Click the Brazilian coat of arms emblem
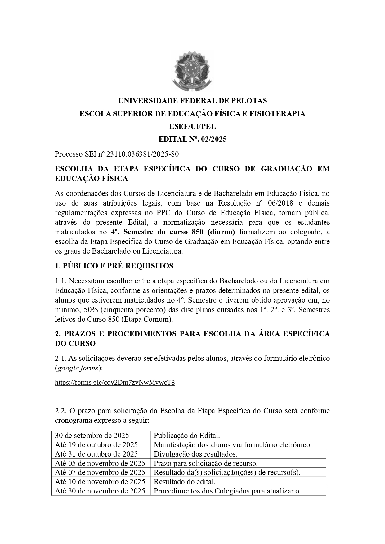pos(193,72)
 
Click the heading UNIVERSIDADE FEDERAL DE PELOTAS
pos(192,101)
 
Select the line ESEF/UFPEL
pos(192,126)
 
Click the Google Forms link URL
pos(115,383)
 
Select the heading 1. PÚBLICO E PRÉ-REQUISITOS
pos(114,266)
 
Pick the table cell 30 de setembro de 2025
pos(92,435)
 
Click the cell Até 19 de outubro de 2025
pos(96,445)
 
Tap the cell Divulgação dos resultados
pos(195,454)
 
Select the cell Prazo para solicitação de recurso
pos(206,463)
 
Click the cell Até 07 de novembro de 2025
pos(100,472)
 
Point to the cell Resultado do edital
pos(185,482)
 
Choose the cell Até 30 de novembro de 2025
pos(100,491)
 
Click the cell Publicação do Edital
pos(187,435)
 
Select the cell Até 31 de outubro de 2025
pos(96,454)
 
